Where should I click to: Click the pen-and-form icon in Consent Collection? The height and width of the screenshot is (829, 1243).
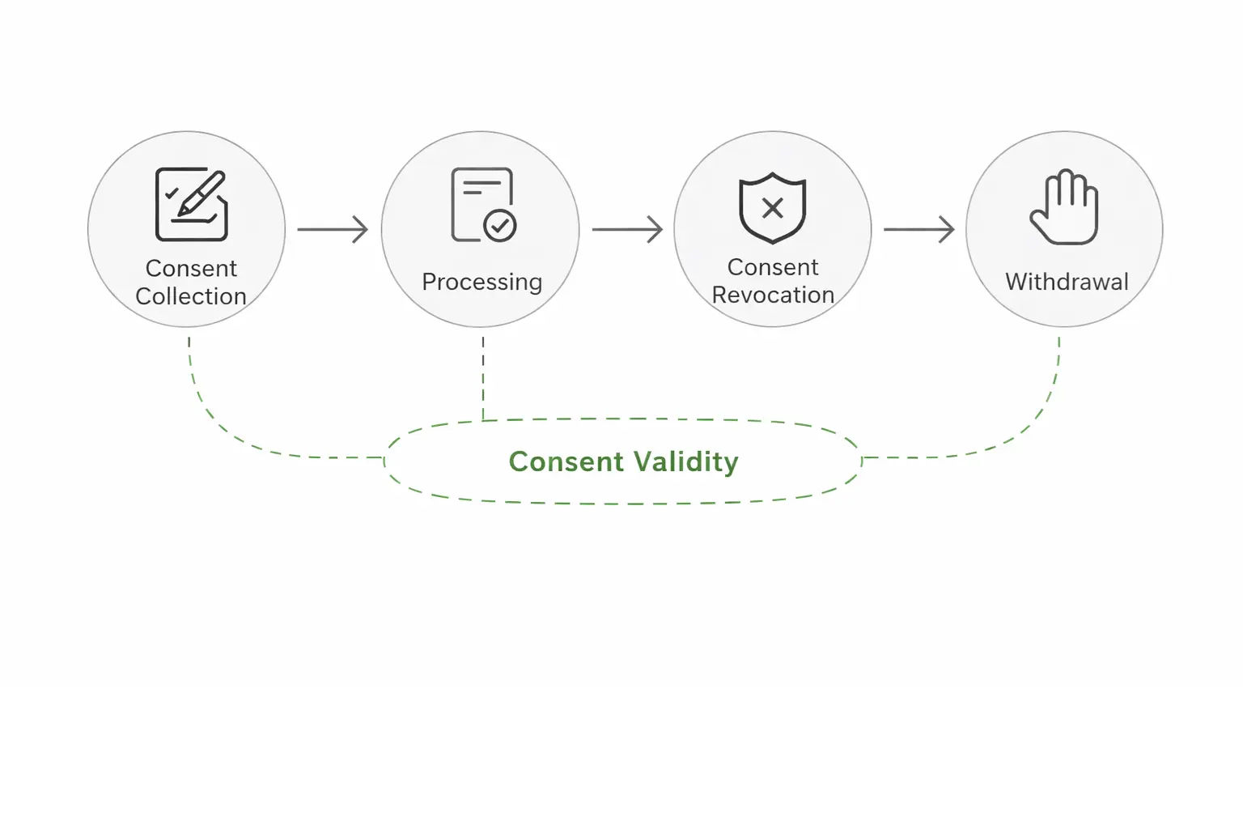pyautogui.click(x=191, y=204)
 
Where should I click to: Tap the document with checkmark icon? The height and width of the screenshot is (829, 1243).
pyautogui.click(x=483, y=204)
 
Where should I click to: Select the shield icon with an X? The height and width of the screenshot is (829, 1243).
pyautogui.click(x=773, y=207)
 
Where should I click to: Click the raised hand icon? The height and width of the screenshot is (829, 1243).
pyautogui.click(x=1064, y=207)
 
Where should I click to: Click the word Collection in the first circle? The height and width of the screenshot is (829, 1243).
pyautogui.click(x=191, y=296)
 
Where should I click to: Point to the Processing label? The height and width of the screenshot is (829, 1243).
pyautogui.click(x=482, y=282)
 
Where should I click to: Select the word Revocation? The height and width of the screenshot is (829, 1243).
pyautogui.click(x=773, y=295)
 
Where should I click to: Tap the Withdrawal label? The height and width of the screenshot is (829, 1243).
pyautogui.click(x=1067, y=282)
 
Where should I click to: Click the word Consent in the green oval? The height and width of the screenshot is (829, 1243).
pyautogui.click(x=566, y=461)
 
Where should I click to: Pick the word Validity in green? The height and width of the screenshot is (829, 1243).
pyautogui.click(x=685, y=461)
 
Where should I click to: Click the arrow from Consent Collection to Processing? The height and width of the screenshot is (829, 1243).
pyautogui.click(x=333, y=229)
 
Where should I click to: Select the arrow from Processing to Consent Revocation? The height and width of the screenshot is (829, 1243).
pyautogui.click(x=627, y=229)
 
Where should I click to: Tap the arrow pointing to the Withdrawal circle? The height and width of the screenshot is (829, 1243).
pyautogui.click(x=918, y=229)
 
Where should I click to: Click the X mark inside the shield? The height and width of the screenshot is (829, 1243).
pyautogui.click(x=773, y=208)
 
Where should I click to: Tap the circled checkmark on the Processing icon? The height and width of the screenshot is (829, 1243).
pyautogui.click(x=500, y=225)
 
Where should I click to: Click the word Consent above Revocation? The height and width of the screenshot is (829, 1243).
pyautogui.click(x=773, y=267)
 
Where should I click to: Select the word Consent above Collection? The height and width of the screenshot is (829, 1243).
pyautogui.click(x=191, y=268)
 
